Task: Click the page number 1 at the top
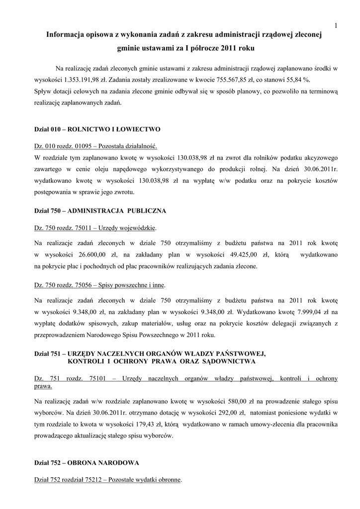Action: click(x=336, y=25)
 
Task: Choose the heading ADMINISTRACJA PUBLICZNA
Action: click(x=116, y=211)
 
